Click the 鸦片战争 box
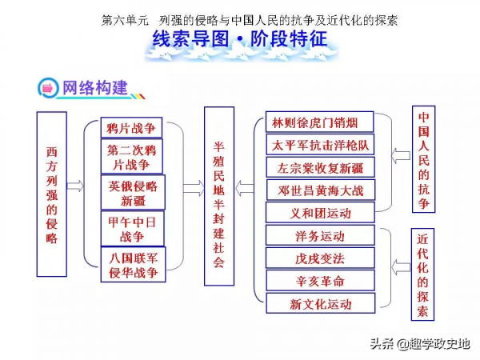[x=132, y=127]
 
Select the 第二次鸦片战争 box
[x=132, y=157]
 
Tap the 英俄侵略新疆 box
[x=132, y=193]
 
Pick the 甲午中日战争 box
[x=132, y=228]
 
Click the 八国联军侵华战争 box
[x=132, y=265]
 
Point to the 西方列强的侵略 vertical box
[x=52, y=194]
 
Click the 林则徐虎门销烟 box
[x=320, y=122]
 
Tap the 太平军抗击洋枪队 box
[x=320, y=145]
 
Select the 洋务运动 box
[x=320, y=236]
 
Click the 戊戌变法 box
[x=320, y=258]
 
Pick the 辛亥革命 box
[x=320, y=281]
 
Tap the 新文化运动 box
[x=320, y=303]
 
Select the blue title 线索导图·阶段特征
[x=240, y=40]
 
